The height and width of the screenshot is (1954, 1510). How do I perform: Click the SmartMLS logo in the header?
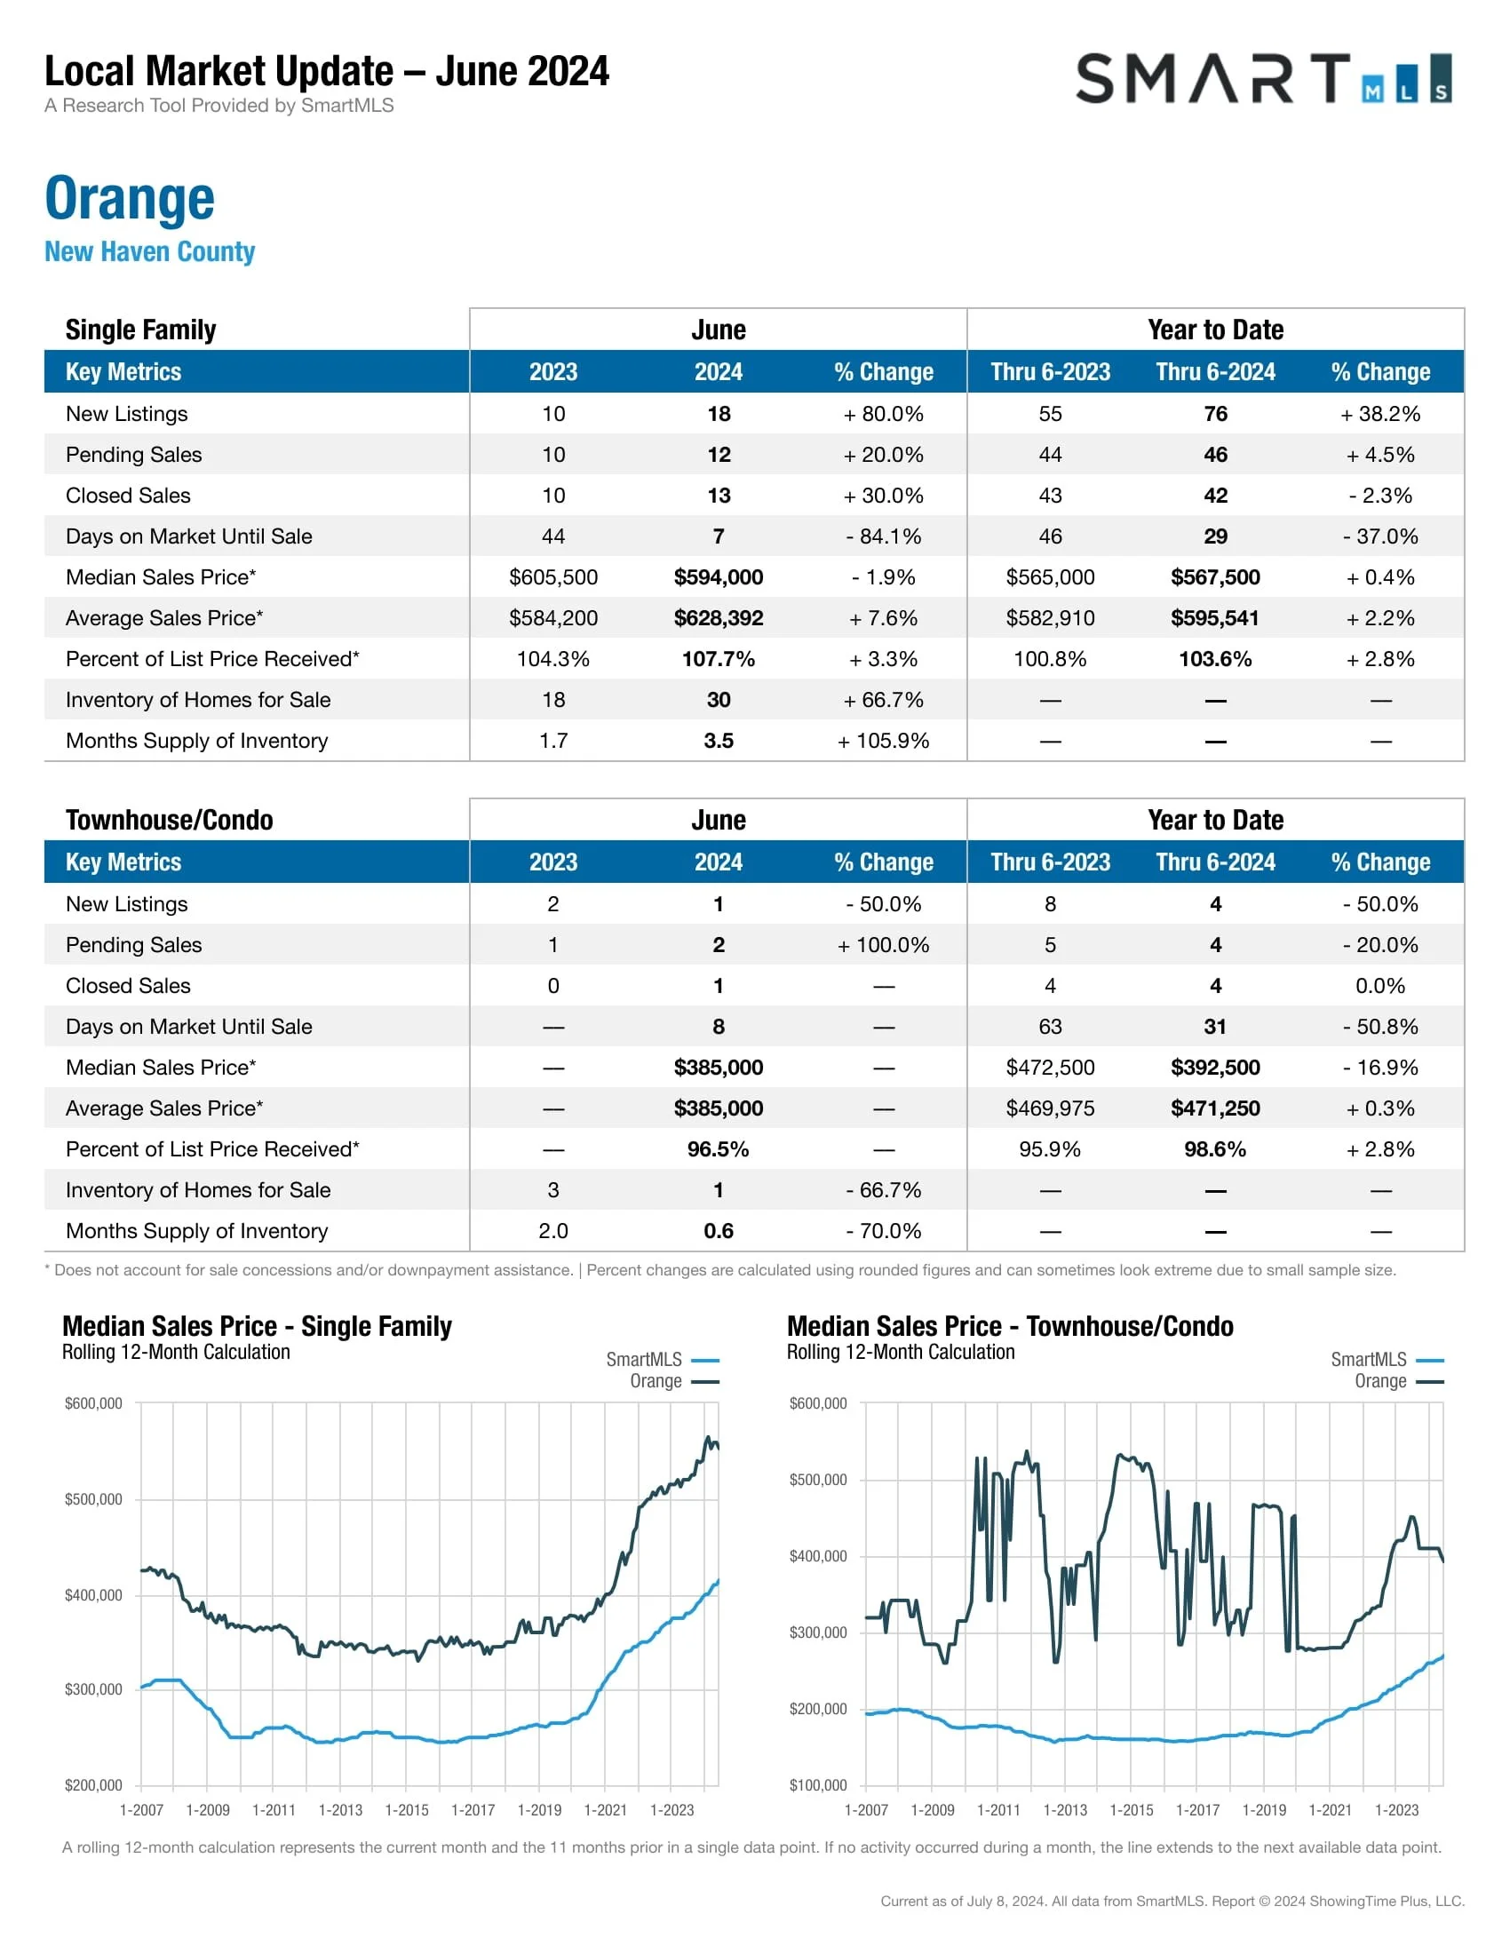pyautogui.click(x=1262, y=79)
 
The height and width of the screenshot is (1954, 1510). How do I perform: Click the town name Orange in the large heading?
pyautogui.click(x=130, y=198)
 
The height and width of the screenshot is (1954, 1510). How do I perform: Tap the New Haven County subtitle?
pyautogui.click(x=149, y=251)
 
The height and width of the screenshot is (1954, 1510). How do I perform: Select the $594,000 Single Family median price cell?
pyautogui.click(x=719, y=577)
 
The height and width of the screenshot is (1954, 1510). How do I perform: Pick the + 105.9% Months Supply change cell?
pyautogui.click(x=883, y=741)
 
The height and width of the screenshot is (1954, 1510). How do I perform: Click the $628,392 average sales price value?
pyautogui.click(x=719, y=618)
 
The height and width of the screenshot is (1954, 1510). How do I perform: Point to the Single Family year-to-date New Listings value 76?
pyautogui.click(x=1215, y=413)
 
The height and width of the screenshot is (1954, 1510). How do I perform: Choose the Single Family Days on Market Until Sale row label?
pyautogui.click(x=188, y=536)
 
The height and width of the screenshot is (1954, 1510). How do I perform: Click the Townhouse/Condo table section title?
pyautogui.click(x=169, y=820)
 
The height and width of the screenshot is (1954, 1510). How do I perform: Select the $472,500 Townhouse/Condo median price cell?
pyautogui.click(x=1050, y=1068)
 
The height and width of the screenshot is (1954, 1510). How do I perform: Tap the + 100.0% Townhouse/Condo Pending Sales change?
pyautogui.click(x=883, y=945)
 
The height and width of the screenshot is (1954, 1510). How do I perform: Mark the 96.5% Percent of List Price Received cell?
pyautogui.click(x=719, y=1148)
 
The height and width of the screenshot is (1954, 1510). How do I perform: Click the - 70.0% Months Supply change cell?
pyautogui.click(x=883, y=1231)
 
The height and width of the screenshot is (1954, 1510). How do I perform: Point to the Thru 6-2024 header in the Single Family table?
pyautogui.click(x=1215, y=372)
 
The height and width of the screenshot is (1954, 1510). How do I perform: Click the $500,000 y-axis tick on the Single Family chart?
pyautogui.click(x=93, y=1499)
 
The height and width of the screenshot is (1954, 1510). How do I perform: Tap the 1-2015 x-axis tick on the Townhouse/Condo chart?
pyautogui.click(x=1131, y=1810)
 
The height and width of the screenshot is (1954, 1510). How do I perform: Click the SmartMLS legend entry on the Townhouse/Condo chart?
pyautogui.click(x=1386, y=1360)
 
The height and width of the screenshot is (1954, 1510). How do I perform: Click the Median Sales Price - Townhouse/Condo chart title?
pyautogui.click(x=1010, y=1326)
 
